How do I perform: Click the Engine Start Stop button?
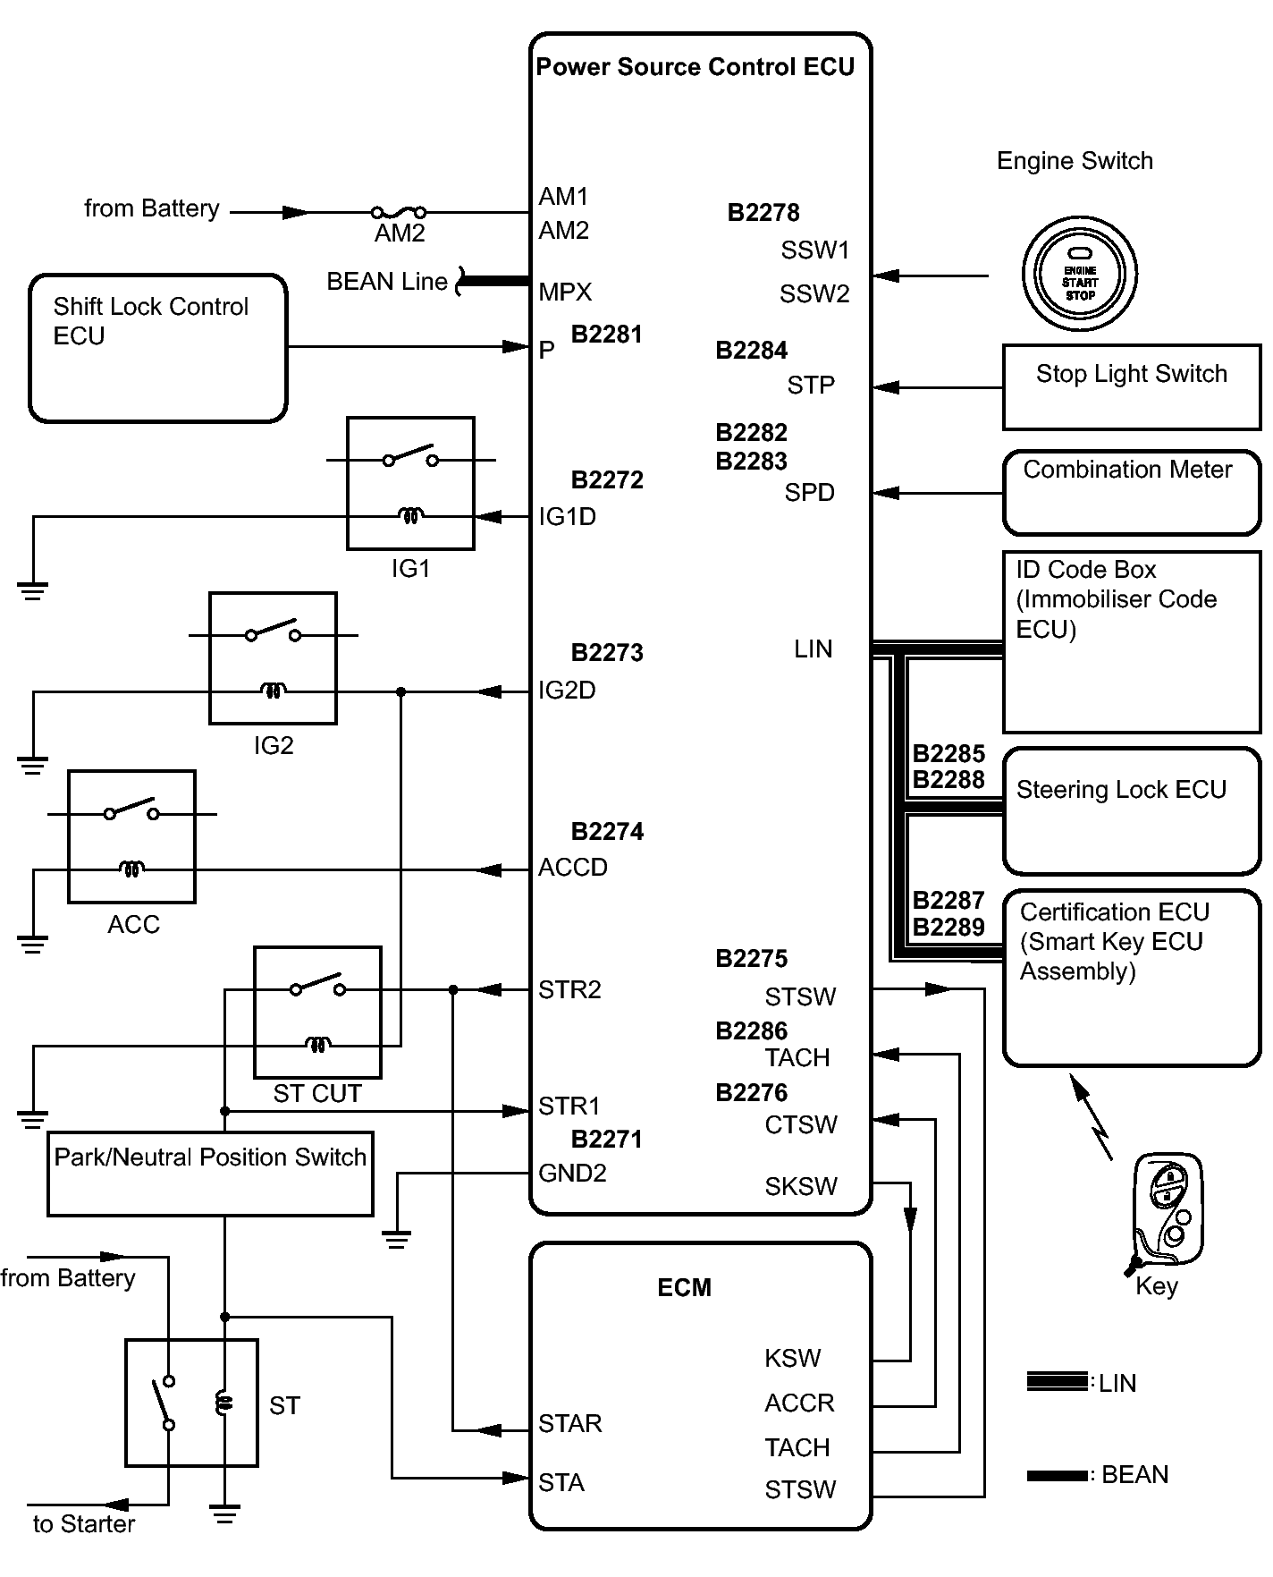tap(1079, 274)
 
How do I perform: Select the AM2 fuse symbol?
tap(399, 213)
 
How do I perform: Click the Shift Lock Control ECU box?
tap(158, 348)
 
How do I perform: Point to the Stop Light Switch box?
tap(1131, 386)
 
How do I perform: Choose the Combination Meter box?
tap(1131, 492)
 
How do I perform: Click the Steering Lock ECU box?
tap(1131, 810)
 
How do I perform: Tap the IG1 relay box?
tap(410, 483)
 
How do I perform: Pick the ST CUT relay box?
tap(317, 1012)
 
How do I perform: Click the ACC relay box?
tap(131, 836)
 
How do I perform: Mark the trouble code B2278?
tap(763, 213)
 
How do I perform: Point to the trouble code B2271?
tap(606, 1139)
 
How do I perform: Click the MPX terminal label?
tap(565, 293)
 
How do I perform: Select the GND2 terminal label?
tap(572, 1173)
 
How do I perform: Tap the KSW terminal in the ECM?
tap(792, 1358)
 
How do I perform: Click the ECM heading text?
tap(684, 1287)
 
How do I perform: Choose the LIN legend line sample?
tap(1057, 1381)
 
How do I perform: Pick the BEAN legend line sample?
tap(1057, 1475)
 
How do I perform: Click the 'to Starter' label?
tap(84, 1524)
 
